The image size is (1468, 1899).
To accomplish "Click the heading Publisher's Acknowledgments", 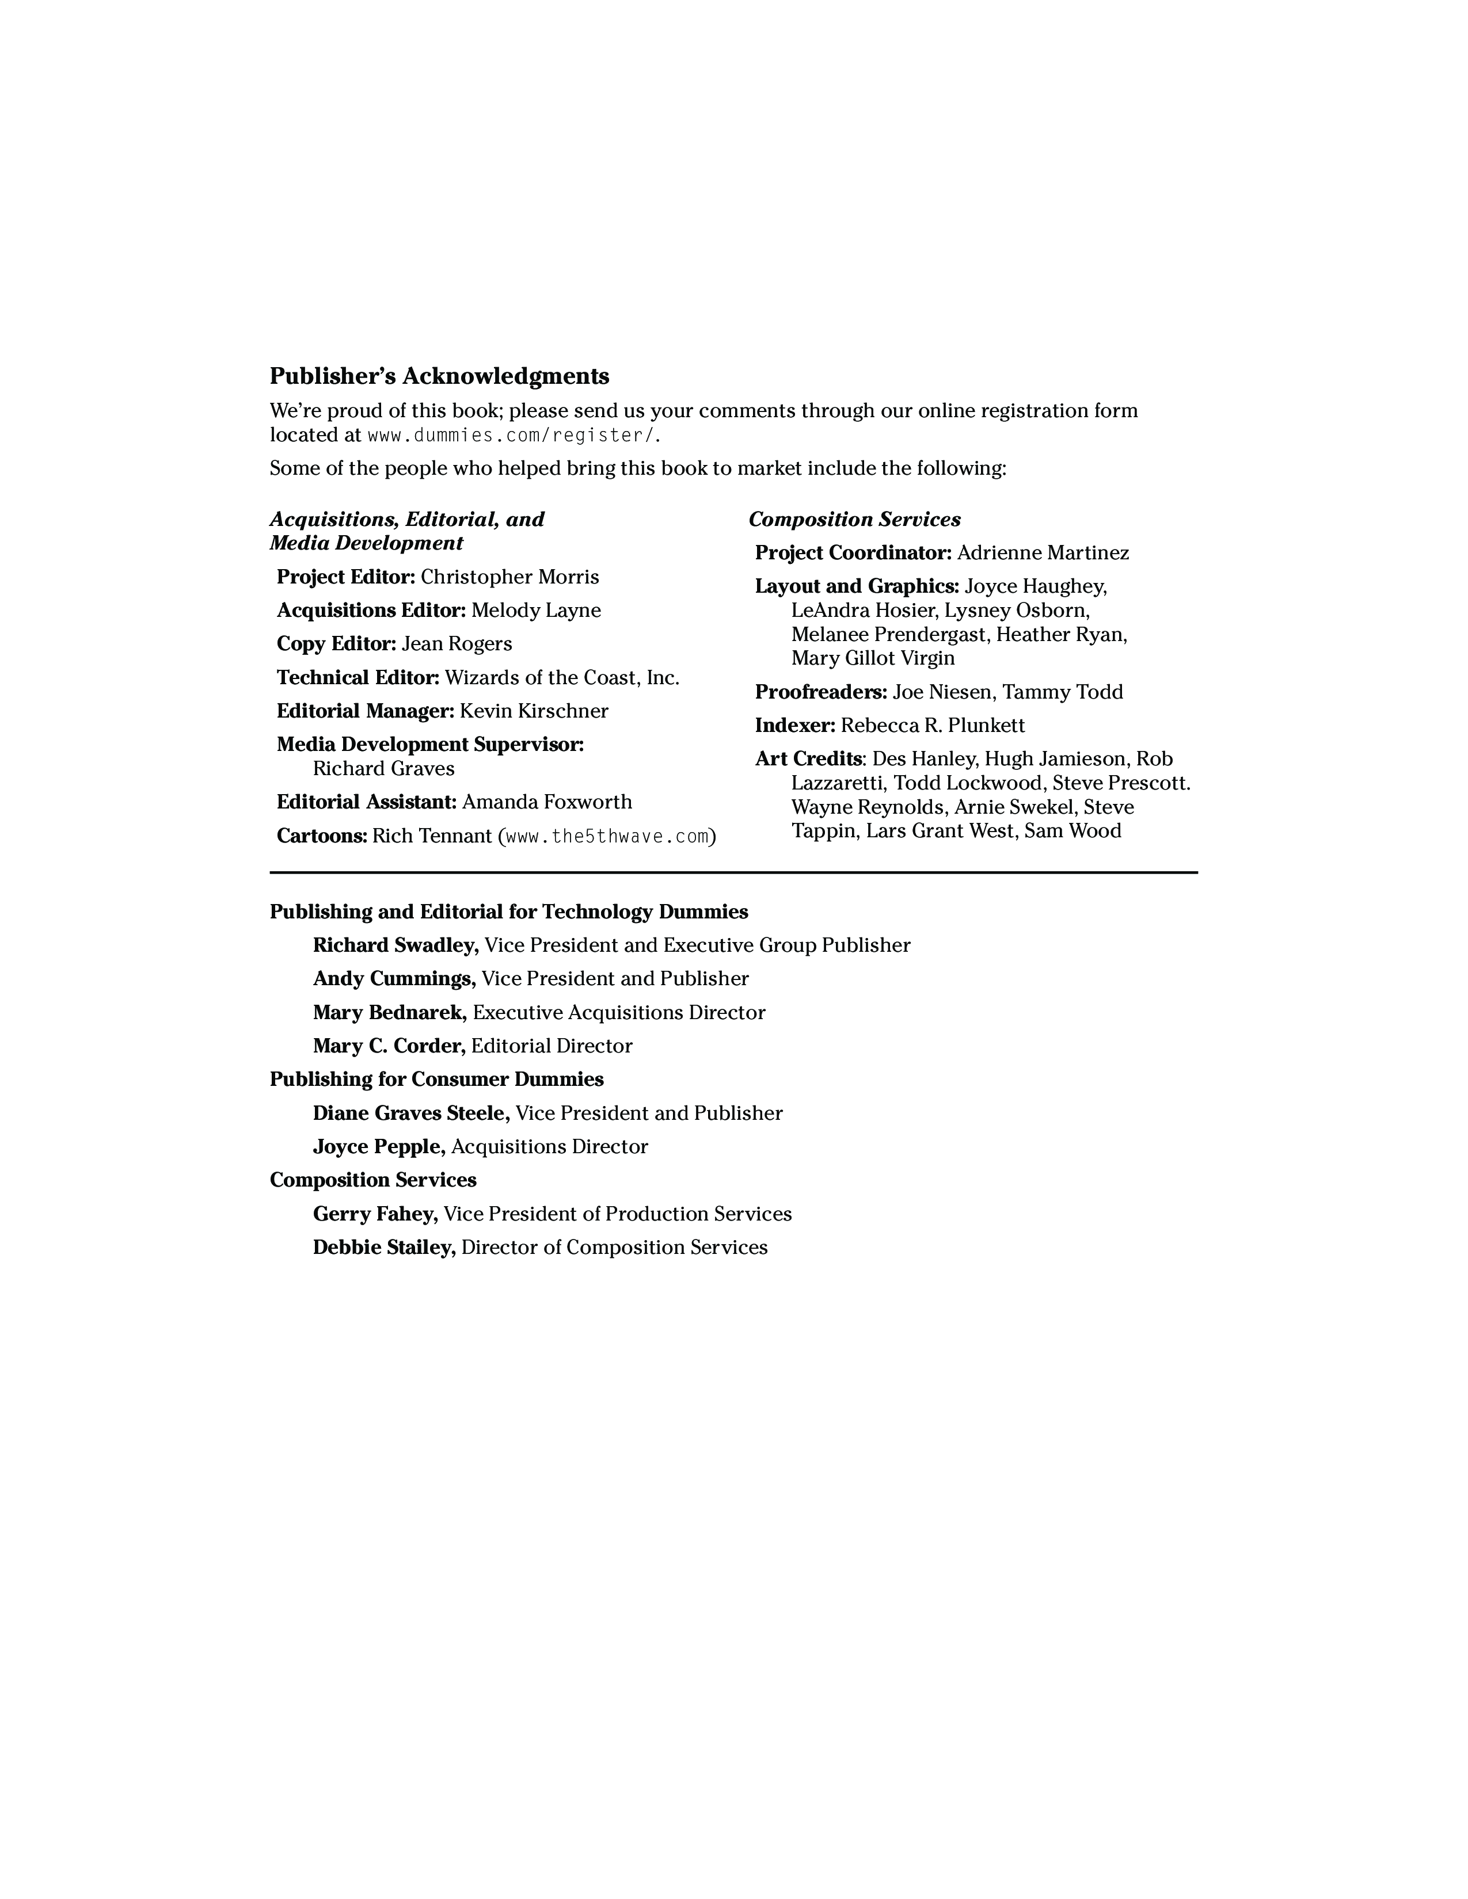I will point(439,376).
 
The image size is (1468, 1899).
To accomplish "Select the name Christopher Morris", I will point(509,577).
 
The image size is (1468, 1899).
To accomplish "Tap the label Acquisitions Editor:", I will point(371,611).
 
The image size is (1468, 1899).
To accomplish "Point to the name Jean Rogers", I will point(457,645).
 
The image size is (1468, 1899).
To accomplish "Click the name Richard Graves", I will point(383,769).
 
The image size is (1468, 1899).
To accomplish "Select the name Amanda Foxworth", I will point(547,802).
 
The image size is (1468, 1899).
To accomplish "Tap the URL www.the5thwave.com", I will point(606,837).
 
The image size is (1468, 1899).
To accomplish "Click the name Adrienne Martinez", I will point(1043,553).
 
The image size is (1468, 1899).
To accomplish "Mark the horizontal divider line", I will point(733,872).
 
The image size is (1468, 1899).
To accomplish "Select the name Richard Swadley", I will point(395,945).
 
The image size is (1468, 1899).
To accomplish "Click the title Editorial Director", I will point(552,1046).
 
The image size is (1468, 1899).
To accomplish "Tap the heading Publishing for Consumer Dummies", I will point(436,1080).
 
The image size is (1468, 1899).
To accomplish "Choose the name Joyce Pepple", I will point(378,1147).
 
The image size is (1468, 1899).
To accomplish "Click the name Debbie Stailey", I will point(383,1248).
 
